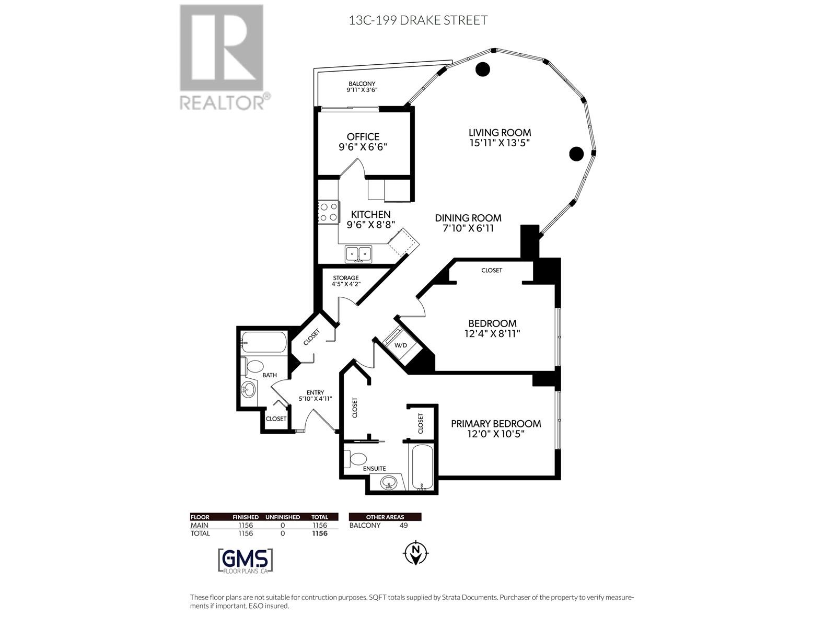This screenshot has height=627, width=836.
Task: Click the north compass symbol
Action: [x=415, y=552]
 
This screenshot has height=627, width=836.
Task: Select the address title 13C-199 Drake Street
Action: [x=418, y=20]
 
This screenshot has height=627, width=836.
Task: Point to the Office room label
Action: [x=363, y=137]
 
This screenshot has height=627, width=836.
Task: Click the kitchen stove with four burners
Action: [x=328, y=212]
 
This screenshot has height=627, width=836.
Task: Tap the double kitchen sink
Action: [x=358, y=254]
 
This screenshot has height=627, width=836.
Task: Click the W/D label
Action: [x=401, y=345]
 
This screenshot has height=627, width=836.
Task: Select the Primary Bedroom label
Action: [x=496, y=424]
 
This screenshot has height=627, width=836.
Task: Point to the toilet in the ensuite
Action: [x=355, y=459]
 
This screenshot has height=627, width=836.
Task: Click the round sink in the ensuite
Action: [x=389, y=483]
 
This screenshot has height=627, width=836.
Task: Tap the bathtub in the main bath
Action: [x=263, y=342]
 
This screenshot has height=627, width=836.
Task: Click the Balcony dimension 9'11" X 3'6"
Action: [x=362, y=90]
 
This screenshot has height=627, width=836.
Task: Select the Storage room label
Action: [x=346, y=278]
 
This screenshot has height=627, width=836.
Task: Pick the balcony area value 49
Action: [x=404, y=525]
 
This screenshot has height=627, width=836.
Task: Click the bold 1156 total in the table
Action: [x=320, y=533]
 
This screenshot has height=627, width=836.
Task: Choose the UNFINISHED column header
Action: [x=283, y=517]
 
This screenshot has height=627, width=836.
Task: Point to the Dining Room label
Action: [x=468, y=218]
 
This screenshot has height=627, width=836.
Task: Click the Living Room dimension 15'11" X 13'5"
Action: [x=500, y=143]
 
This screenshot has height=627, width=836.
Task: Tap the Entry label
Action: [x=316, y=392]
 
